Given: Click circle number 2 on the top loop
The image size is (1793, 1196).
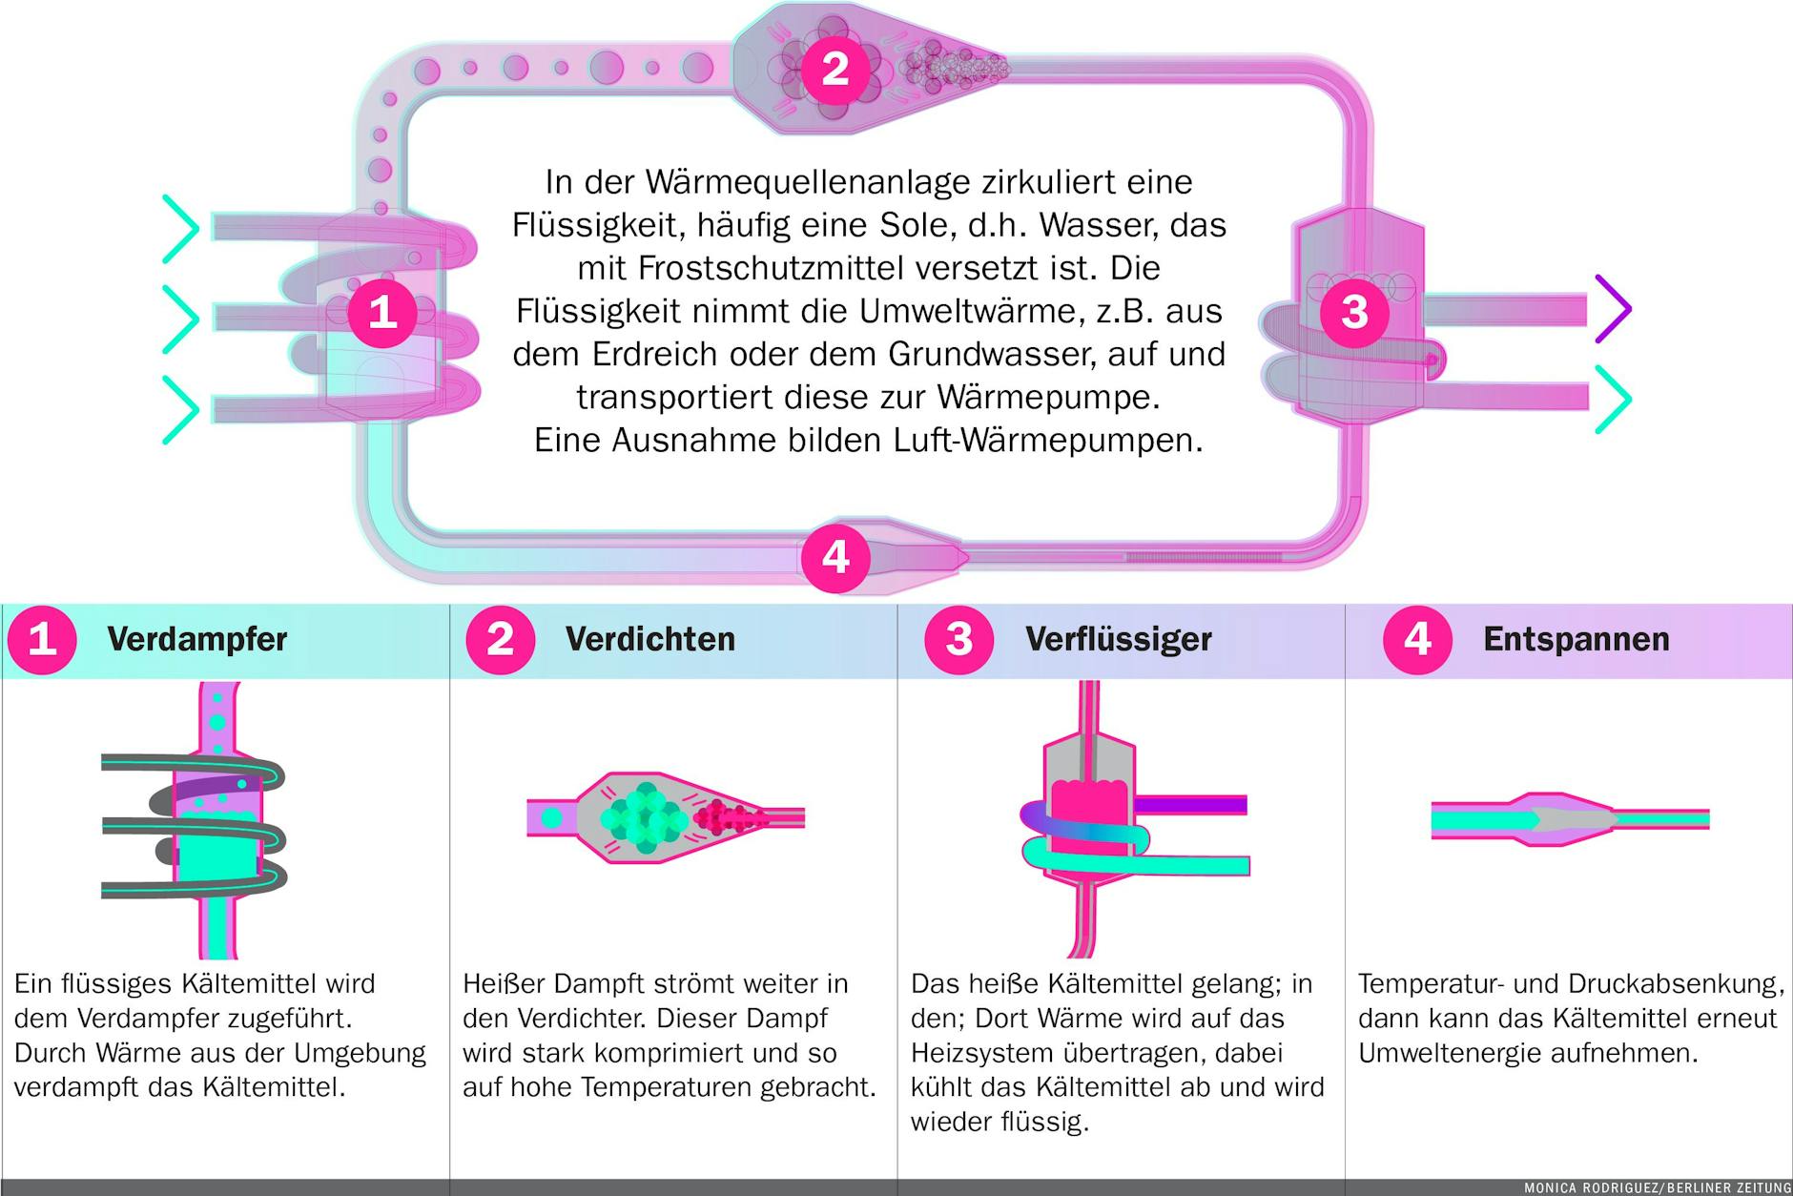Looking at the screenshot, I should [835, 69].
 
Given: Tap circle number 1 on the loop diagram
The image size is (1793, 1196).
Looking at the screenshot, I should [382, 311].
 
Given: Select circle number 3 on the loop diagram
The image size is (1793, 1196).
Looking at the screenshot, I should [1354, 311].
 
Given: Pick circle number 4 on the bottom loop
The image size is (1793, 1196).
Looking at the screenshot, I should [835, 557].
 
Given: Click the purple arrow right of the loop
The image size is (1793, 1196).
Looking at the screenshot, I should [1615, 308].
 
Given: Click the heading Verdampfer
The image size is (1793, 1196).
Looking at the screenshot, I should [196, 639].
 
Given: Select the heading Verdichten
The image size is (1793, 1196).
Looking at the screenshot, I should [649, 639].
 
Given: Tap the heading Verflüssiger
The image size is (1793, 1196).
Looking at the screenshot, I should [1118, 639].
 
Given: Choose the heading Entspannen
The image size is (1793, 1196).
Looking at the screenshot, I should [1576, 639].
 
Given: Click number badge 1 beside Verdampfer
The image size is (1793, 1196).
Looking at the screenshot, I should [42, 639].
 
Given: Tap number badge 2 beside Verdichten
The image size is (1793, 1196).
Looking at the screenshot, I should [500, 639].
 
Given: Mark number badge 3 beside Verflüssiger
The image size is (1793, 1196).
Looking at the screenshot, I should [958, 639].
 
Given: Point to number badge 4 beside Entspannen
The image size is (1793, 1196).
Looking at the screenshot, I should [1417, 639].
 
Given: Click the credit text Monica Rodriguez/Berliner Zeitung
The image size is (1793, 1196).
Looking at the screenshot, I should [1657, 1187].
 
